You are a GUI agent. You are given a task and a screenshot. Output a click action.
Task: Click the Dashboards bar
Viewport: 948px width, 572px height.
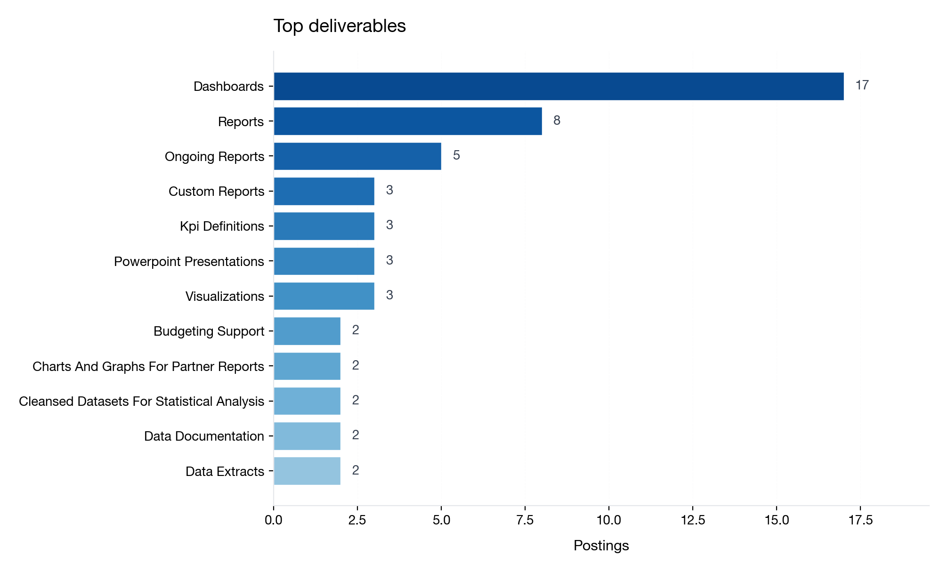pos(559,86)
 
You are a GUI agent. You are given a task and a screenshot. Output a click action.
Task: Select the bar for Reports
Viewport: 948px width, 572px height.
pos(408,121)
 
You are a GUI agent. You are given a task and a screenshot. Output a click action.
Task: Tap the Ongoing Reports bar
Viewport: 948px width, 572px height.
pos(357,156)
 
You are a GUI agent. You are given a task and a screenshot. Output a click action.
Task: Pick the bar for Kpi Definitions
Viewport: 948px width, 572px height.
pos(324,226)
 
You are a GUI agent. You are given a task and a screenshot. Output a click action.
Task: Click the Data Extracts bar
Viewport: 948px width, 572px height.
pos(307,471)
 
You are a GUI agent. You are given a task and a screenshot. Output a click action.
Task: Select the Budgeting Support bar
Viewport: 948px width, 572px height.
pos(307,331)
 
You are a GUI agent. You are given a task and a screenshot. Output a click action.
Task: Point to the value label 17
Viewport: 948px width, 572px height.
pos(862,85)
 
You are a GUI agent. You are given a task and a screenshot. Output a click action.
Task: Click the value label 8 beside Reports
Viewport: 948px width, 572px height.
pos(557,121)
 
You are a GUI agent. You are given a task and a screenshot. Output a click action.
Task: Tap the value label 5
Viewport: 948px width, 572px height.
pos(456,155)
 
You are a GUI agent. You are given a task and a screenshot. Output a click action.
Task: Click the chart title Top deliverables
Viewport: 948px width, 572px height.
pos(340,26)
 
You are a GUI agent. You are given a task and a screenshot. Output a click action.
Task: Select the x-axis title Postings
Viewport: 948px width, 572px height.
pos(601,546)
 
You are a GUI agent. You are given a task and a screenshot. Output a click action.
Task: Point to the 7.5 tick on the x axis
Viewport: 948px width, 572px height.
pos(525,520)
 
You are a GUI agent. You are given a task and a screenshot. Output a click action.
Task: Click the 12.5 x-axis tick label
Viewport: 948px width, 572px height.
pos(693,520)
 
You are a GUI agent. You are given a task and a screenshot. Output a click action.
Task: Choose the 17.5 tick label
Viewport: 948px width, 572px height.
pos(860,520)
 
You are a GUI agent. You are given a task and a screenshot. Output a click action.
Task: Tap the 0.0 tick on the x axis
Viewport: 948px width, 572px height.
pos(274,520)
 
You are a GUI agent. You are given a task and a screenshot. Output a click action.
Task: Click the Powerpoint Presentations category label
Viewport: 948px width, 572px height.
pos(189,261)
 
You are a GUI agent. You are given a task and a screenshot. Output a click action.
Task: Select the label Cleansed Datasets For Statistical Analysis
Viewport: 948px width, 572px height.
pos(141,401)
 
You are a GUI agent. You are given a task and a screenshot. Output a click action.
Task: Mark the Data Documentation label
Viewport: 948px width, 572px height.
pos(204,436)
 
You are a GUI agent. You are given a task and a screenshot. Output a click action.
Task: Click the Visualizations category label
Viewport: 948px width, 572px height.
pos(225,296)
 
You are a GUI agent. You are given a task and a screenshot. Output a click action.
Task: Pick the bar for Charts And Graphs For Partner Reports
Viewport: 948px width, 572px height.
pos(307,366)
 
